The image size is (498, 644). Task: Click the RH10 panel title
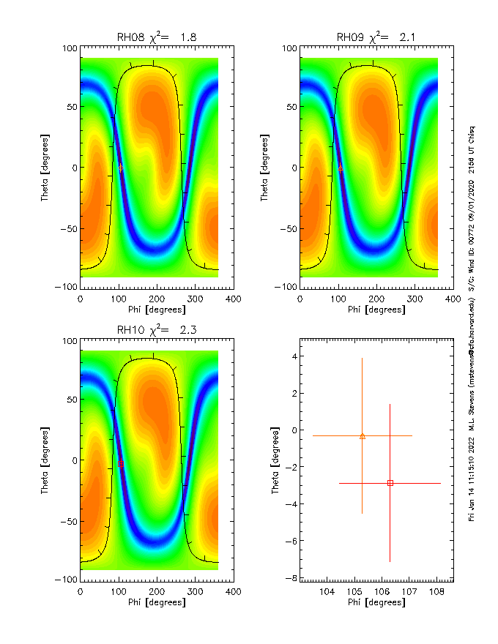pos(157,330)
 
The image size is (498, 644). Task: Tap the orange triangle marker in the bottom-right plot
pos(363,435)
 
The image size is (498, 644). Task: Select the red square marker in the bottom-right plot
pos(390,483)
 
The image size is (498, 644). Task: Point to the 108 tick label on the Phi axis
pos(437,591)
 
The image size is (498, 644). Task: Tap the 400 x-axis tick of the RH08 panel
pos(233,299)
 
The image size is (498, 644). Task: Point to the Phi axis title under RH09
pos(376,310)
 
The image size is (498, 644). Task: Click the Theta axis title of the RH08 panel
pos(45,167)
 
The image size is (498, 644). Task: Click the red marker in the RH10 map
pos(121,464)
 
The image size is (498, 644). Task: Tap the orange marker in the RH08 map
pos(120,168)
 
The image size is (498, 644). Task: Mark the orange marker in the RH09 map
pos(340,168)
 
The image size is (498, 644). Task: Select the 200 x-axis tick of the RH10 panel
pos(156,591)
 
